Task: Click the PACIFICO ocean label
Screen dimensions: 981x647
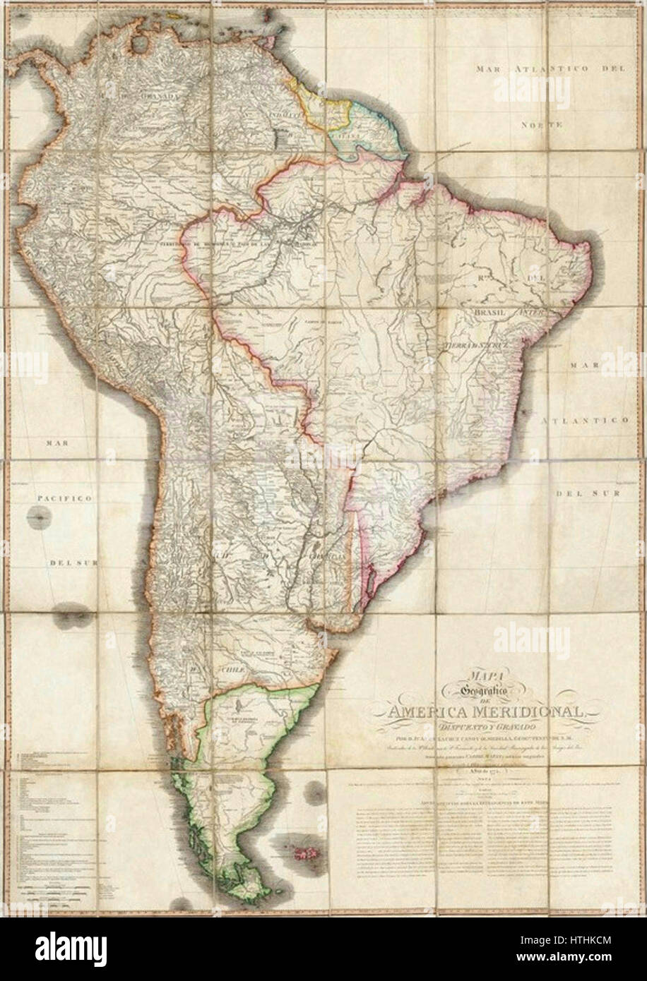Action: pyautogui.click(x=61, y=498)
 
